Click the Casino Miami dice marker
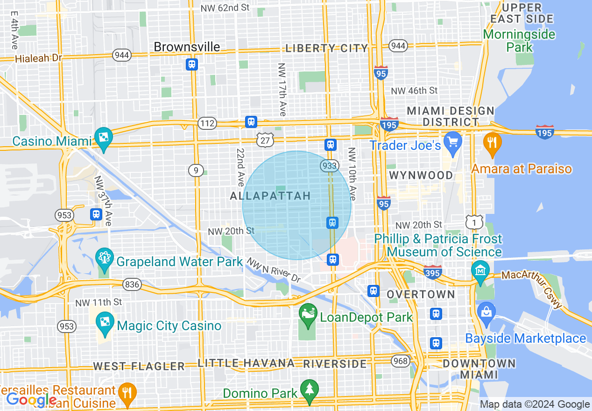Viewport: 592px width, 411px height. pyautogui.click(x=103, y=137)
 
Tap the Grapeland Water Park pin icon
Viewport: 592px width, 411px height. pyautogui.click(x=104, y=258)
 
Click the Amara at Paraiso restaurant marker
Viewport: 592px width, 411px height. pyautogui.click(x=492, y=142)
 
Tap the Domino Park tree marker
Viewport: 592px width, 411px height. pyautogui.click(x=309, y=389)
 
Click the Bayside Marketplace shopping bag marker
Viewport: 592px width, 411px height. pyautogui.click(x=486, y=312)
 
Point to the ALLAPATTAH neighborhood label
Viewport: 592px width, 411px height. pyautogui.click(x=270, y=196)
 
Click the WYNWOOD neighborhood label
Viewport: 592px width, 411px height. pyautogui.click(x=421, y=175)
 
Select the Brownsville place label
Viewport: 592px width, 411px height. pyautogui.click(x=187, y=47)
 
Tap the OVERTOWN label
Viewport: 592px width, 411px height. pyautogui.click(x=421, y=294)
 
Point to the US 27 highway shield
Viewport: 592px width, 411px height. pyautogui.click(x=265, y=140)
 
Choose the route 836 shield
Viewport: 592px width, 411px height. pyautogui.click(x=133, y=284)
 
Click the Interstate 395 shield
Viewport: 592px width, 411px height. pyautogui.click(x=432, y=272)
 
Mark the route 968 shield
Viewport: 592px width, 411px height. pyautogui.click(x=401, y=361)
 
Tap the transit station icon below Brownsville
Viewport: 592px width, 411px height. pyautogui.click(x=191, y=64)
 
